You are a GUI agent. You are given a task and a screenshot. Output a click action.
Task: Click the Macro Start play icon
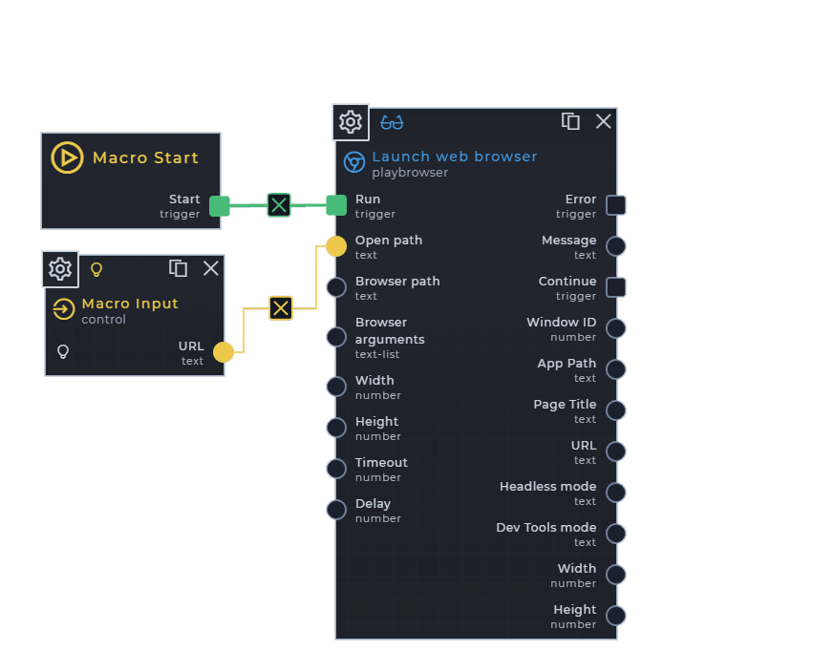(x=67, y=157)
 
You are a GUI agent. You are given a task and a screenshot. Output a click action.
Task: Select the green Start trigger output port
(x=220, y=205)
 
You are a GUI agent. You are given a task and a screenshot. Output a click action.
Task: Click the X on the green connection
(x=278, y=205)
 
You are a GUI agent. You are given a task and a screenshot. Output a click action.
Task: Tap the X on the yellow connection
(x=280, y=307)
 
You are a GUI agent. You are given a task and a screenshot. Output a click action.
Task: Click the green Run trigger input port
(x=336, y=205)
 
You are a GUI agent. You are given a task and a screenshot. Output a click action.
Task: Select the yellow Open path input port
(x=336, y=246)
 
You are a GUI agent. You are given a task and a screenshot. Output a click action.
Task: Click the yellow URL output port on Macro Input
(x=223, y=352)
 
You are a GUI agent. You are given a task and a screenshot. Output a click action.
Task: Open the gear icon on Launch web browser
(x=351, y=122)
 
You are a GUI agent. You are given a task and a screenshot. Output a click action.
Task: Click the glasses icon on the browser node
(x=392, y=122)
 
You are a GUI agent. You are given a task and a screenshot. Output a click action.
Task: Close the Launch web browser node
(x=604, y=121)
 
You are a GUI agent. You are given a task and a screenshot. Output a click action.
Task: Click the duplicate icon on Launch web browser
(x=570, y=121)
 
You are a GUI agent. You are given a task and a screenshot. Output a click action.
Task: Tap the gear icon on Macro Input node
(x=60, y=269)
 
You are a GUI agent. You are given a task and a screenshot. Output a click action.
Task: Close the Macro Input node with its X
(x=211, y=268)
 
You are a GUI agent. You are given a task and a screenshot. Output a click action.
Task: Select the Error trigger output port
(x=616, y=205)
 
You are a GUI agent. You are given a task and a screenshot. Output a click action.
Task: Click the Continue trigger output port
(x=616, y=287)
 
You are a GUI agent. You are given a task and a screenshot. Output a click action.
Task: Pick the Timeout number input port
(x=336, y=469)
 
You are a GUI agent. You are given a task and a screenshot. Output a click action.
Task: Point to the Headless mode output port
(x=616, y=493)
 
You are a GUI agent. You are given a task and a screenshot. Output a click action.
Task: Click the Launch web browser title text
(x=454, y=157)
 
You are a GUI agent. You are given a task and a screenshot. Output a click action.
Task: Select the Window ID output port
(x=616, y=328)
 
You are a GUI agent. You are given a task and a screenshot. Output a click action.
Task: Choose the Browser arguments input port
(x=336, y=337)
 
